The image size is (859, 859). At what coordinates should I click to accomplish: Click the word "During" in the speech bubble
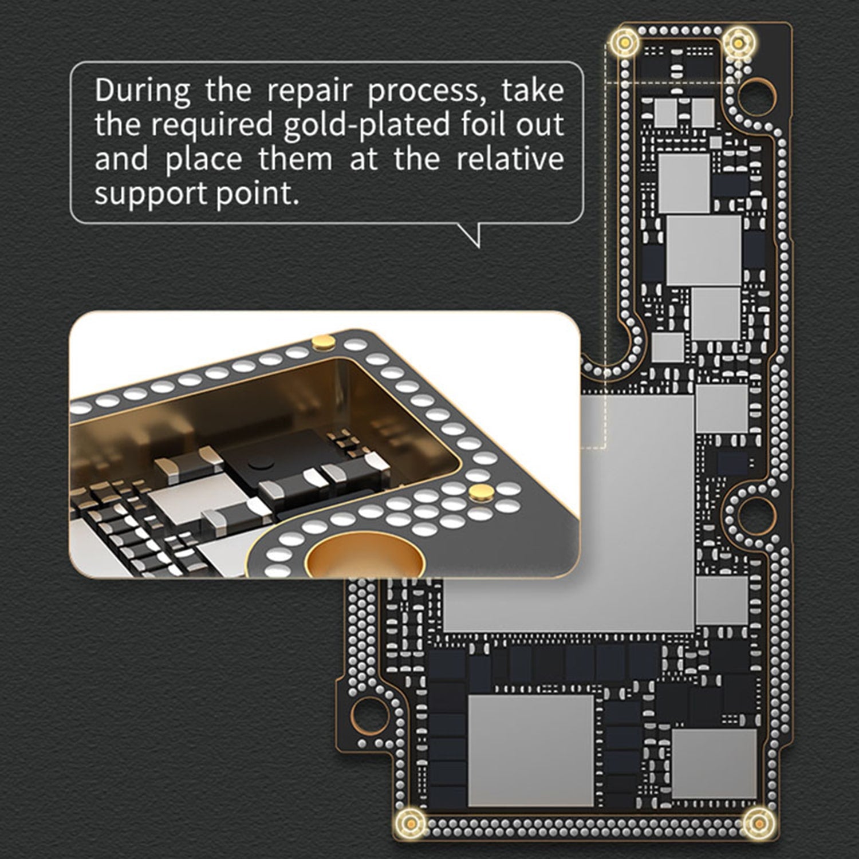[x=143, y=90]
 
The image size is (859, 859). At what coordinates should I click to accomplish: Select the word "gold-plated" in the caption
[x=367, y=125]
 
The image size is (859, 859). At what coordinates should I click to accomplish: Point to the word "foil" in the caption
[x=483, y=124]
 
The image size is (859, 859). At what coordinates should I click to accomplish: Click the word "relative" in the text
[x=510, y=159]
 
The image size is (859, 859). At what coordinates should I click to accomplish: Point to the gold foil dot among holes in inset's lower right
[x=479, y=491]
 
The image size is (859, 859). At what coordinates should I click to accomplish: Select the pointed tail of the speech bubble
[x=478, y=247]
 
